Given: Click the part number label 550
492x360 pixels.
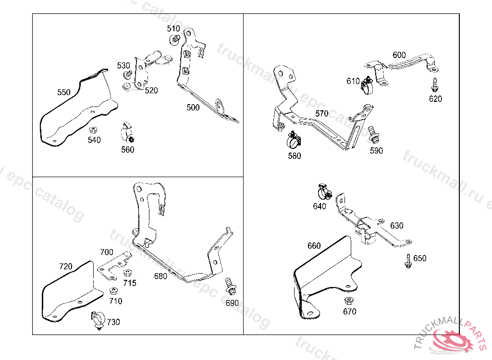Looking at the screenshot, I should click(63, 92).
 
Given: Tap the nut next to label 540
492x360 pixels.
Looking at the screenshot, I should click(94, 130).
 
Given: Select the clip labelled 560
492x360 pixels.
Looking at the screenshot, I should click(128, 133).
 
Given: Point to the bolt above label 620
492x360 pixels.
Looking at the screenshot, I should click(435, 85).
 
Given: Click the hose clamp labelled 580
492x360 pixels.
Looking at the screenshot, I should click(294, 140).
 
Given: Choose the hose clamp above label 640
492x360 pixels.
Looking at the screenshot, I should click(324, 192).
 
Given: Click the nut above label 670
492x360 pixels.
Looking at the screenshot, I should click(348, 301).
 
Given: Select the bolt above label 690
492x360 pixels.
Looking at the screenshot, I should click(229, 285).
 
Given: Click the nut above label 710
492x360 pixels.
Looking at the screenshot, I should click(114, 291).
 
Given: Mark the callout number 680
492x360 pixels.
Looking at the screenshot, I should click(160, 276).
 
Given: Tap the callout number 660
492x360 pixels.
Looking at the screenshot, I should click(314, 246).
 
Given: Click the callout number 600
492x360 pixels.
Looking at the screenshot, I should click(399, 55).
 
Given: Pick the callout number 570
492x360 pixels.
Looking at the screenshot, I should click(322, 114).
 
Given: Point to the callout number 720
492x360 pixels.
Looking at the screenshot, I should click(65, 266).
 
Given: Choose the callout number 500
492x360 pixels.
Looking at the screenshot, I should click(193, 108).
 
